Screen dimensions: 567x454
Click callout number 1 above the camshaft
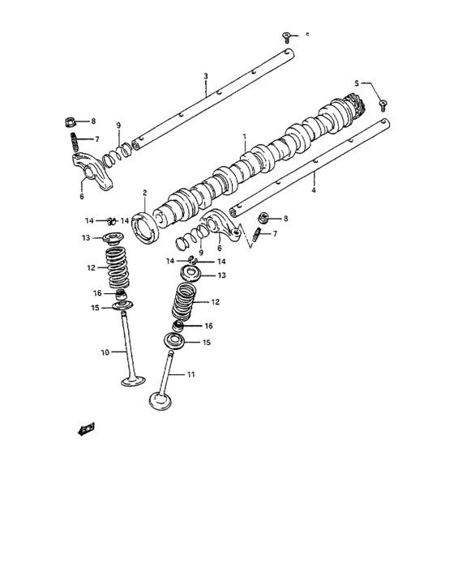click(x=243, y=137)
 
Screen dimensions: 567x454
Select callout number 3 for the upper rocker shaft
click(x=205, y=76)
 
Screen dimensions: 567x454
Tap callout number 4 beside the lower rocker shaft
click(x=313, y=190)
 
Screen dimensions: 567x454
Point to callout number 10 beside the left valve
click(x=104, y=352)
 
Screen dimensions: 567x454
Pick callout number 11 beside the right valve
click(x=191, y=374)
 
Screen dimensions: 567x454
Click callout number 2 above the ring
click(x=144, y=193)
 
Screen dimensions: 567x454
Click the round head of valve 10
click(x=133, y=381)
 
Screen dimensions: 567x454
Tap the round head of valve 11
click(x=158, y=400)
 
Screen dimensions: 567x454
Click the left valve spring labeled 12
click(x=118, y=266)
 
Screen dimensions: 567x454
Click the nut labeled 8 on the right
click(x=263, y=219)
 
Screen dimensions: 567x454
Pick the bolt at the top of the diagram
click(x=287, y=36)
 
